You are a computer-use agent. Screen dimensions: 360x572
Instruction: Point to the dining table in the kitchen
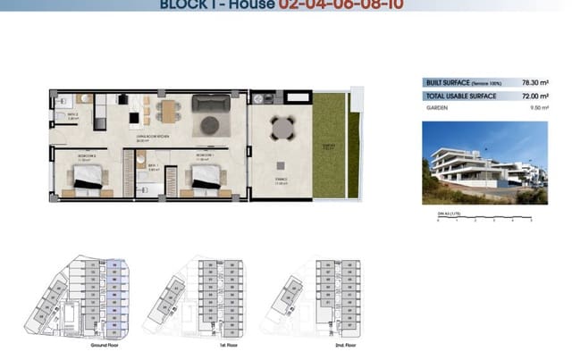(166, 111)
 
